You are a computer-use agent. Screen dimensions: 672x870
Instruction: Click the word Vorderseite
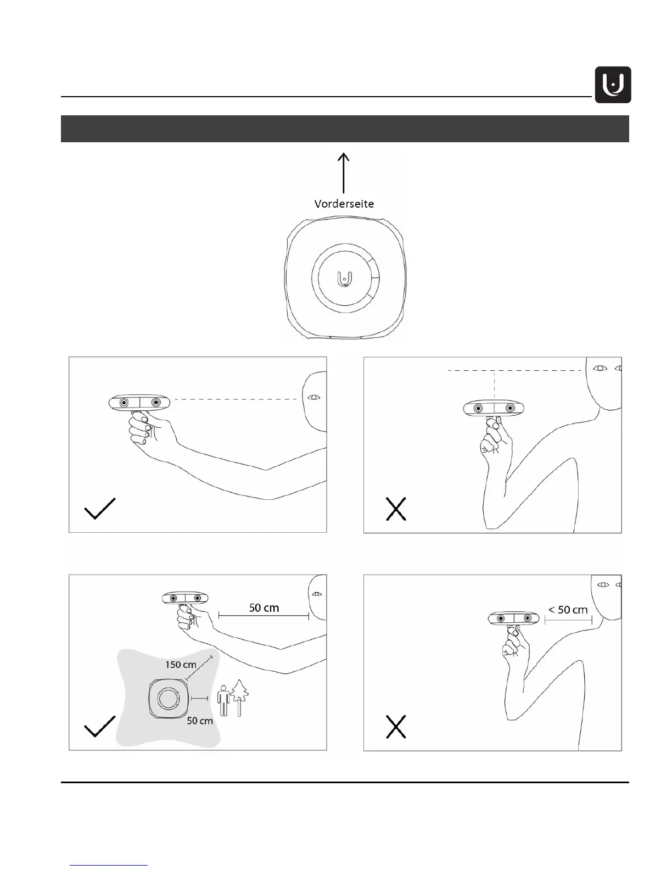pyautogui.click(x=344, y=203)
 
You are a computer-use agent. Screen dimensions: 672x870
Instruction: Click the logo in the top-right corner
pyautogui.click(x=613, y=85)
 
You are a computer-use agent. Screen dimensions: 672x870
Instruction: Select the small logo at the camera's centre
pyautogui.click(x=344, y=278)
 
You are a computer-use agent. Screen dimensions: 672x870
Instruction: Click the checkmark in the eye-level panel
pyautogui.click(x=99, y=509)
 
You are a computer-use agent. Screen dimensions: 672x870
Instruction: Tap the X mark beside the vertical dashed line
pyautogui.click(x=396, y=509)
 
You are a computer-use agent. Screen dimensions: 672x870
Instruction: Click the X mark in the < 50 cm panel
pyautogui.click(x=396, y=727)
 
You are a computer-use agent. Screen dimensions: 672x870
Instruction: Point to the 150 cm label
pyautogui.click(x=181, y=665)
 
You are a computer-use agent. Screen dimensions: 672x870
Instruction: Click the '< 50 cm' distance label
pyautogui.click(x=568, y=610)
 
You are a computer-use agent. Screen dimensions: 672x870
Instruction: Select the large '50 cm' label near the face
pyautogui.click(x=264, y=607)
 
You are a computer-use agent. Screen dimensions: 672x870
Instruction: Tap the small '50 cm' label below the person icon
pyautogui.click(x=200, y=721)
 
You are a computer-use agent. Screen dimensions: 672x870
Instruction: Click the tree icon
pyautogui.click(x=240, y=697)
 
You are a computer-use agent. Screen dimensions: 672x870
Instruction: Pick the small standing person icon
pyautogui.click(x=223, y=701)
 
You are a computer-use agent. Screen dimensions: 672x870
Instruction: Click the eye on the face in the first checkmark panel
pyautogui.click(x=314, y=397)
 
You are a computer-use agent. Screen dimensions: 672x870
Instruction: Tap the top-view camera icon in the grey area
pyautogui.click(x=165, y=699)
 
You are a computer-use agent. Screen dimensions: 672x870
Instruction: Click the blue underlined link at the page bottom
pyautogui.click(x=109, y=865)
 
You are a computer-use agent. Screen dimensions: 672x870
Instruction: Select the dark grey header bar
pyautogui.click(x=345, y=129)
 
